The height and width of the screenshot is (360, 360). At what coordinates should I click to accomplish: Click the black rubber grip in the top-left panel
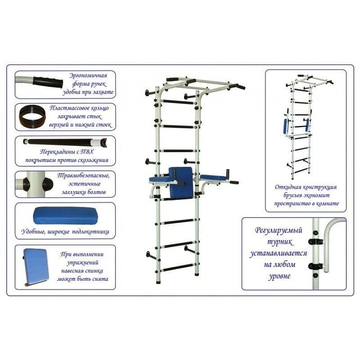point(48,82)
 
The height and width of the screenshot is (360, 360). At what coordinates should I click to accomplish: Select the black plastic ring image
point(32,116)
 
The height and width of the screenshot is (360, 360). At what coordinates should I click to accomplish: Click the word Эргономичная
point(88,76)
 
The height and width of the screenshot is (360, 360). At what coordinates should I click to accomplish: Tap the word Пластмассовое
point(67,108)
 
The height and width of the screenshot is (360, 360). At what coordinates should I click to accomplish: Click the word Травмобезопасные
point(83,176)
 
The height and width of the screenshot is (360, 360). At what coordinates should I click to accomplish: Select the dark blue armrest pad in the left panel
point(65,216)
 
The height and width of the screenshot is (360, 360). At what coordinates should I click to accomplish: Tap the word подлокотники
point(91,232)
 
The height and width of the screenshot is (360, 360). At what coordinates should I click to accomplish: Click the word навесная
point(72,271)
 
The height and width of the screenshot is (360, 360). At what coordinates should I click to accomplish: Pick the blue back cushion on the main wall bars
point(182,183)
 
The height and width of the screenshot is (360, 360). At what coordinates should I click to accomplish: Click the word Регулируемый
point(279,230)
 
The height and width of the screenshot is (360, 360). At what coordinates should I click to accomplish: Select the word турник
point(280,242)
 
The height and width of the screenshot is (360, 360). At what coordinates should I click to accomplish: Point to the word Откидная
point(288,187)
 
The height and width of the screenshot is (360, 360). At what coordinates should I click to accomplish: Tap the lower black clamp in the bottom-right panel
point(316,266)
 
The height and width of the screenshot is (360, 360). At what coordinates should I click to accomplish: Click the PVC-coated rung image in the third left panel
point(65,141)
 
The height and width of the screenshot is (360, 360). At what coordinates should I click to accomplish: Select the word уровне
point(279,276)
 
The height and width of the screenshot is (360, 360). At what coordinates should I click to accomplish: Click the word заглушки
point(74,192)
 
